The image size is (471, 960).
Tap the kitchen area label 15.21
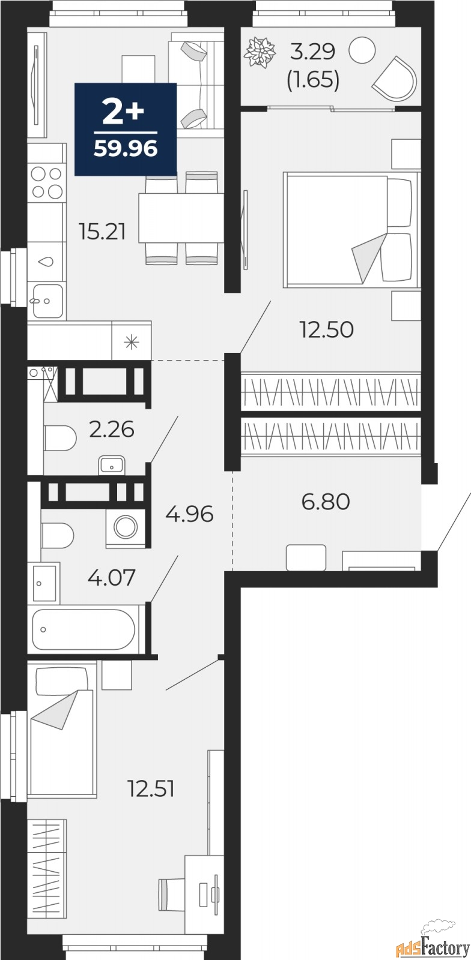(102, 231)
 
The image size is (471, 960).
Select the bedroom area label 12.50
(327, 329)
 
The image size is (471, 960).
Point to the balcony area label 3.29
(312, 53)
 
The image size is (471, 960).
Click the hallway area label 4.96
(190, 514)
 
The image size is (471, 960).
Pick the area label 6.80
(326, 501)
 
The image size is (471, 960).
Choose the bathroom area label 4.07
(112, 578)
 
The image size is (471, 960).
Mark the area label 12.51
(151, 788)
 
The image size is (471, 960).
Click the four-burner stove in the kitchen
(47, 182)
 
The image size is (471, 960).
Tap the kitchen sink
(47, 300)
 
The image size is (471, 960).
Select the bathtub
(83, 629)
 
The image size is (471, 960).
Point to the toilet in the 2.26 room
(59, 438)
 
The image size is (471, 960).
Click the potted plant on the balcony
(260, 52)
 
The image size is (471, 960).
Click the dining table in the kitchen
(181, 218)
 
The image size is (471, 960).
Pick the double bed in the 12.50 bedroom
(351, 229)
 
